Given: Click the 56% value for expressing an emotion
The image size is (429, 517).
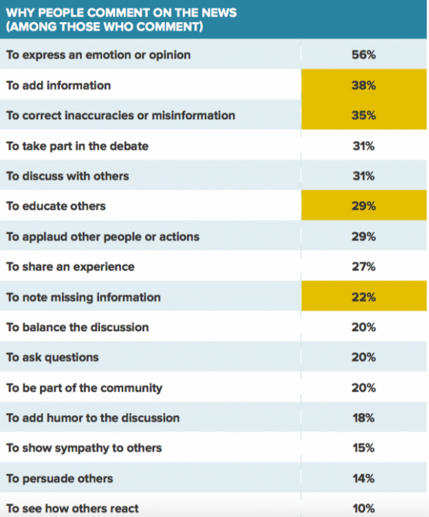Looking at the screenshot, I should tap(363, 55).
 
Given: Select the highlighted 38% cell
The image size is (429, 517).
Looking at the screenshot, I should tap(363, 85).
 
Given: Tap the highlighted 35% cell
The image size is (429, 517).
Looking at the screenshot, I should tap(363, 116).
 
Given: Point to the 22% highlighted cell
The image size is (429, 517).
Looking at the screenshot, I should tap(363, 297).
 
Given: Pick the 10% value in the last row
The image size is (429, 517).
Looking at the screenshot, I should tap(363, 509).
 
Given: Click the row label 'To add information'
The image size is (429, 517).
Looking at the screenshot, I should tap(58, 85).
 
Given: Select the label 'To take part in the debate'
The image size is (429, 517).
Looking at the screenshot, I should tap(77, 146).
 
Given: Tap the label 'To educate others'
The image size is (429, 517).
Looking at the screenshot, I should tap(56, 206).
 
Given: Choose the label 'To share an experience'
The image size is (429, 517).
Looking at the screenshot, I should tap(70, 266).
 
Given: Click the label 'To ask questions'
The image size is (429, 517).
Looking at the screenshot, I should tap(52, 357).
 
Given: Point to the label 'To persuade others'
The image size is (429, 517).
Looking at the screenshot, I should tap(59, 478).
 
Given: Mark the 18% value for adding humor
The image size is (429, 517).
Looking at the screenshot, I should tap(363, 418).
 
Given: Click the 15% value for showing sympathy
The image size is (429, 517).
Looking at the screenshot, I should tap(363, 448).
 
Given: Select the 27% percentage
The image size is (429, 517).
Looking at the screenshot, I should tap(363, 266).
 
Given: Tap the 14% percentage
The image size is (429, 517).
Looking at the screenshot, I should tap(363, 478).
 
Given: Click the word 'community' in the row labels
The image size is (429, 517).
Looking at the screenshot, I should tap(131, 388).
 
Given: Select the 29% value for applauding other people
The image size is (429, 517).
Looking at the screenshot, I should tap(363, 236).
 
